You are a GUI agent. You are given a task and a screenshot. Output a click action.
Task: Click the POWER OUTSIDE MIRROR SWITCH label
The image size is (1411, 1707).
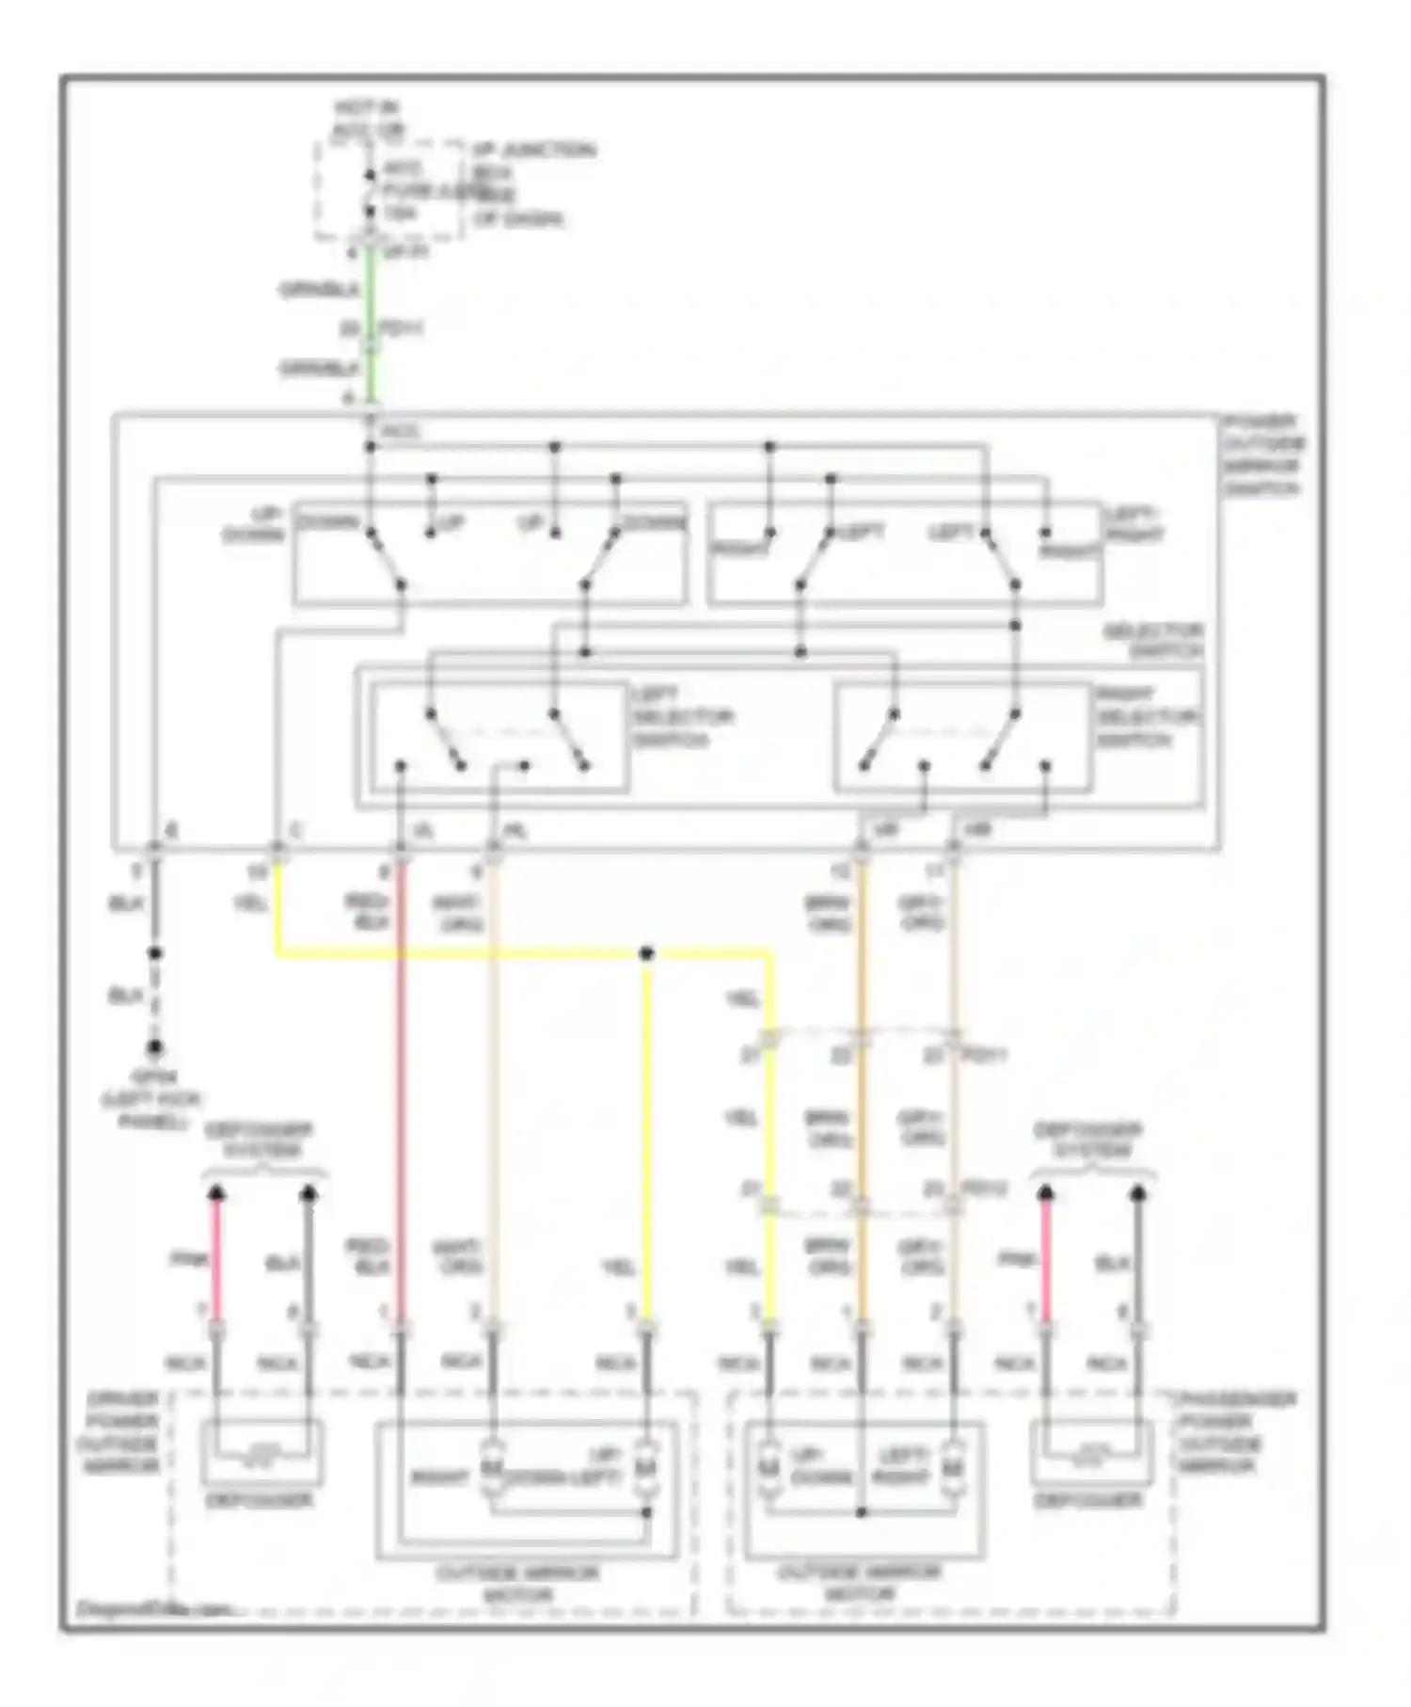point(1262,455)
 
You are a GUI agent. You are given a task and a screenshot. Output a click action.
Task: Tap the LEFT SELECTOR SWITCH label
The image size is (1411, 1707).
point(682,717)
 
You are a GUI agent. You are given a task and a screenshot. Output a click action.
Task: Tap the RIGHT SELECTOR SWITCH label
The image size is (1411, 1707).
point(1146,717)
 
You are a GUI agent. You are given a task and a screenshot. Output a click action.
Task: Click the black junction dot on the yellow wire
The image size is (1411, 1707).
point(646,954)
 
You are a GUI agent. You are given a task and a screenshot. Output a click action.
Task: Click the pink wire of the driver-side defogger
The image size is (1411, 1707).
point(216,1259)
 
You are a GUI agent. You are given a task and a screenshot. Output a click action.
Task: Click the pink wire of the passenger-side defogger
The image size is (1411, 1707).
point(1046,1259)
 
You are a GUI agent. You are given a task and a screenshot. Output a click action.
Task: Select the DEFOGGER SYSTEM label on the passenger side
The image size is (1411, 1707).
point(1087,1140)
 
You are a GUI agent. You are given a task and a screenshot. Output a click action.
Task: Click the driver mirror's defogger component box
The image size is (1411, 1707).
point(262,1454)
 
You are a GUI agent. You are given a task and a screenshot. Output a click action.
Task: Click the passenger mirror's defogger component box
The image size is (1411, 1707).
point(1091,1454)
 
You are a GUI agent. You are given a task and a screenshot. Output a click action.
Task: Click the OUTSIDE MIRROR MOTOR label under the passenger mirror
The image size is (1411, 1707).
point(859,1584)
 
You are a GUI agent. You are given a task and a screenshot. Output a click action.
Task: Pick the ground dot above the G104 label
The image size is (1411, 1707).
point(154,1046)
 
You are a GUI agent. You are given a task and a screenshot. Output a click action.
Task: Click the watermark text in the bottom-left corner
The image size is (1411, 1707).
point(151,1609)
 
